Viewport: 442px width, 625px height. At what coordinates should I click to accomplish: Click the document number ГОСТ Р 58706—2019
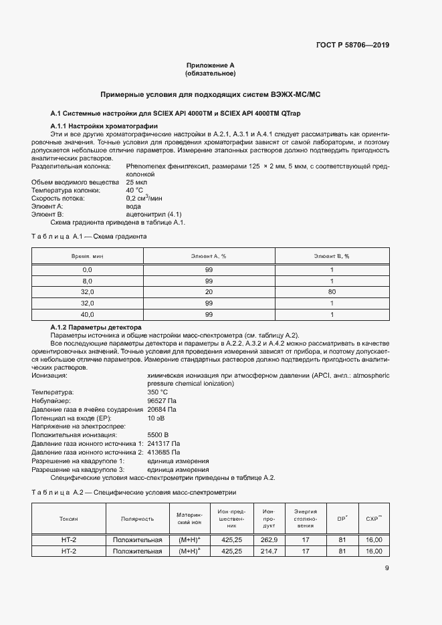tap(352, 45)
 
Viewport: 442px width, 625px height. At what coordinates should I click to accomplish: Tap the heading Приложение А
tap(210, 66)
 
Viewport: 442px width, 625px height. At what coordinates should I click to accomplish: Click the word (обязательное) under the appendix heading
tap(210, 73)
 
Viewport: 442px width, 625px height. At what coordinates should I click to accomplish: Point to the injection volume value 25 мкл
tap(137, 182)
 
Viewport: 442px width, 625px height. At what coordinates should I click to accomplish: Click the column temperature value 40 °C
tap(136, 191)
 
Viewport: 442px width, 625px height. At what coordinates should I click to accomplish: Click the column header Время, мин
tap(87, 256)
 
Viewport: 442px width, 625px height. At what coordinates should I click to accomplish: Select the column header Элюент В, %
tap(332, 256)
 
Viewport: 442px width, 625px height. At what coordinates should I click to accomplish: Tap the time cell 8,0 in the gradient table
tap(87, 281)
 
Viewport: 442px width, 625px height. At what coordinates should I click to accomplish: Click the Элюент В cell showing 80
tap(332, 291)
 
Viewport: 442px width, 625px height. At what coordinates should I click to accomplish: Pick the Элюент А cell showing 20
tap(209, 291)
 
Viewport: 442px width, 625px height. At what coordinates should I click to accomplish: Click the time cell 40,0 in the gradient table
tap(87, 314)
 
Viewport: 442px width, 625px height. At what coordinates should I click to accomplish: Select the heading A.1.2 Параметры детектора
tap(96, 328)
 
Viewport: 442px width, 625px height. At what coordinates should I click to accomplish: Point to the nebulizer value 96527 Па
tap(162, 400)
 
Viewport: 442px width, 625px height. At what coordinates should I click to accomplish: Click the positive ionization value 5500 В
tap(158, 434)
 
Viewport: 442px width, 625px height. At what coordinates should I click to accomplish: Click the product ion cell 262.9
tap(269, 539)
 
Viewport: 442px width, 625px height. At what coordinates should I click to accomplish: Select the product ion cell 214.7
tap(269, 551)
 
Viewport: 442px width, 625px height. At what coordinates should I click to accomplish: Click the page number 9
tap(387, 569)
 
